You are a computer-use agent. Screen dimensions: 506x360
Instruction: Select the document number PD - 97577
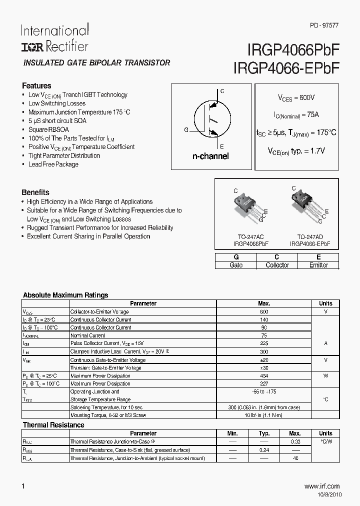pos(324,25)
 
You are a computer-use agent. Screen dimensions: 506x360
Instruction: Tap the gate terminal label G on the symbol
pos(186,130)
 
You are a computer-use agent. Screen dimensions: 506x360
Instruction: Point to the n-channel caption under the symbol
pos(210,156)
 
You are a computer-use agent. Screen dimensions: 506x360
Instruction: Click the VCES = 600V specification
pos(296,98)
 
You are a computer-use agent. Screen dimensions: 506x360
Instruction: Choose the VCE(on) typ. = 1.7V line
pos(296,150)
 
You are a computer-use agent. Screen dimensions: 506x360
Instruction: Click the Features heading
pos(36,85)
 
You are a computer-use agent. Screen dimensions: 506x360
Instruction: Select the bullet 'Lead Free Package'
pos(53,164)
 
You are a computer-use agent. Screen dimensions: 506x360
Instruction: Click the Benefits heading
pos(35,192)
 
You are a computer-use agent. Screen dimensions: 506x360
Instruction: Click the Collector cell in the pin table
pos(277,265)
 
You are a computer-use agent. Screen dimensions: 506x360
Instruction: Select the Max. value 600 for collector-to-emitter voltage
pos(264,311)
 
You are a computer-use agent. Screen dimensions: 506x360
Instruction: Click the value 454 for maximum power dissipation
pos(264,375)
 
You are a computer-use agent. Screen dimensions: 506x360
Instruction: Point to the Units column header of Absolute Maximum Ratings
pos(325,303)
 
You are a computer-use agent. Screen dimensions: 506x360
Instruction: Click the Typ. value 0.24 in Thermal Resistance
pos(264,449)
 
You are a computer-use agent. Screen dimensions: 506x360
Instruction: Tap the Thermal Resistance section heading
pos(53,425)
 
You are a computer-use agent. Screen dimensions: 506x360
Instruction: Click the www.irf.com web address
pos(321,486)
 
